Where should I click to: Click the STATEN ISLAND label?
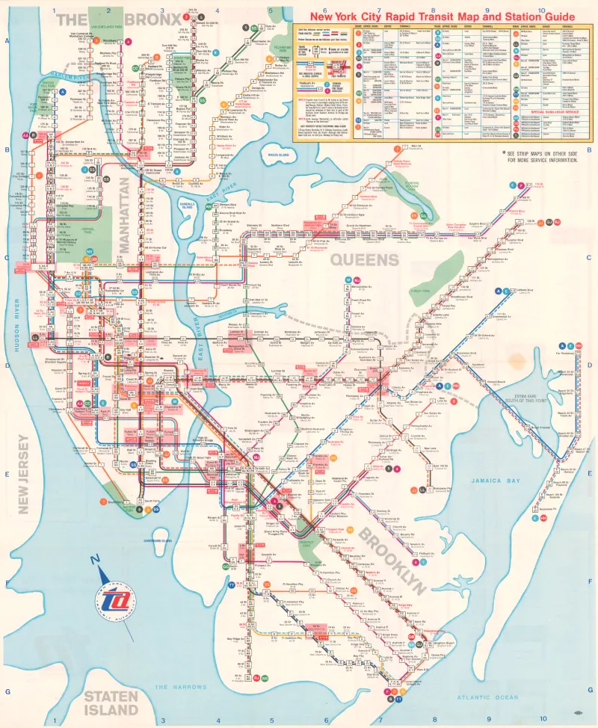click(111, 702)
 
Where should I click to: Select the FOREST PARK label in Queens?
click(419, 291)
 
